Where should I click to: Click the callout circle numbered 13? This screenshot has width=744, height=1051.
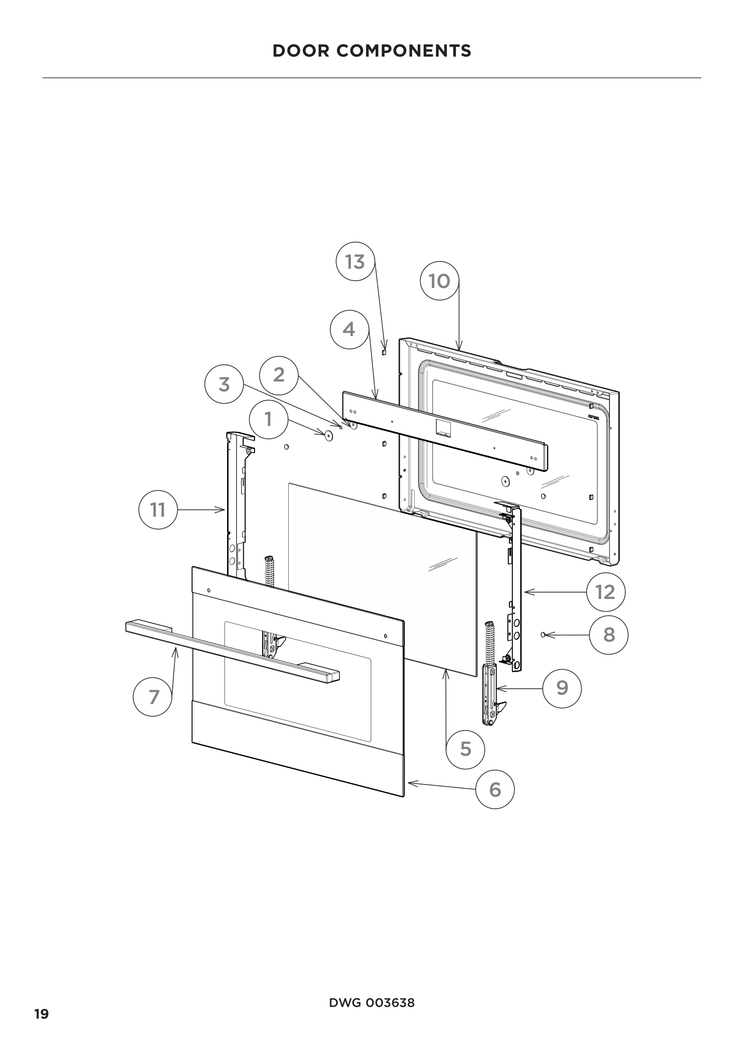355,262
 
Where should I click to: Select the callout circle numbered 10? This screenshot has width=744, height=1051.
439,280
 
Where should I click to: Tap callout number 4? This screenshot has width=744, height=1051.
349,329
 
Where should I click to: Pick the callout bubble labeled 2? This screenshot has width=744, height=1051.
278,375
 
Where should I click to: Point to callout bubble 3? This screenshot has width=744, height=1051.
224,384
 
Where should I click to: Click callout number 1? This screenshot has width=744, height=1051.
269,419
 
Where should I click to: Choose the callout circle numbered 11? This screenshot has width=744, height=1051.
158,510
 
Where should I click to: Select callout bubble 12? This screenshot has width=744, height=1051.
605,592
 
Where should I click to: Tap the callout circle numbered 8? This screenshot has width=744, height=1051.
609,635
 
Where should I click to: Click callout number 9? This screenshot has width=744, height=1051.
562,688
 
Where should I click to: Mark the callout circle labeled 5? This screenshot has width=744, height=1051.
466,749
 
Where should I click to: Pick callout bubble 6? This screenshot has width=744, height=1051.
495,789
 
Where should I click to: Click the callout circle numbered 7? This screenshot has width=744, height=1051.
152,697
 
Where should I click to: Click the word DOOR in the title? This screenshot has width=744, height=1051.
301,51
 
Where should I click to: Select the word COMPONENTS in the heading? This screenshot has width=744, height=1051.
403,51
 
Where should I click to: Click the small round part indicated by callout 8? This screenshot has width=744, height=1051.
543,635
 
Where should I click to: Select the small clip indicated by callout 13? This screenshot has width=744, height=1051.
384,351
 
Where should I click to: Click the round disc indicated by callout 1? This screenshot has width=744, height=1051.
328,435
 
